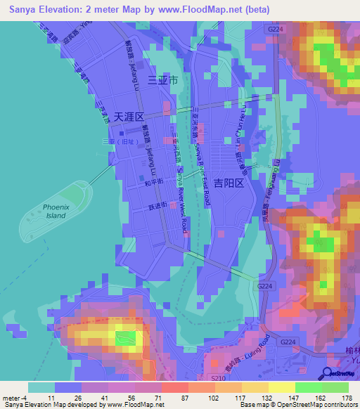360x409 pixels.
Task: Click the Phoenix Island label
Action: pyautogui.click(x=55, y=212)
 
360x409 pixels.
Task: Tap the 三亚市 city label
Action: pyautogui.click(x=162, y=81)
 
